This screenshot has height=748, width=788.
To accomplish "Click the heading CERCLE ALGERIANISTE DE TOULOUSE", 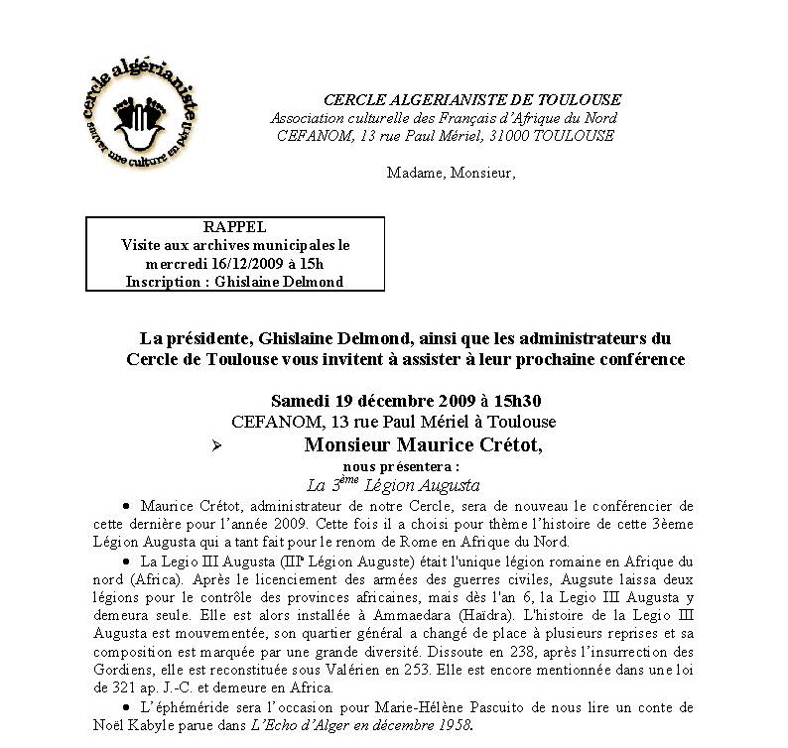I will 471,100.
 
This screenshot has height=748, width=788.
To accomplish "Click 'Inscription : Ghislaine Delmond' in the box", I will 235,281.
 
